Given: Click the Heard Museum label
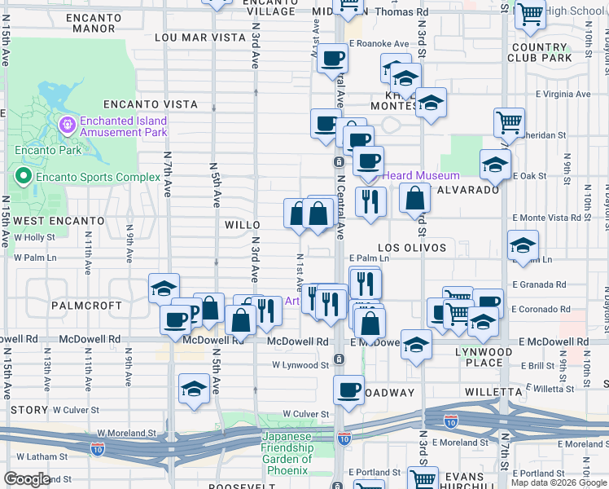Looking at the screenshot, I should (x=420, y=175).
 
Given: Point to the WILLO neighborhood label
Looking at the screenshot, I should (x=242, y=224).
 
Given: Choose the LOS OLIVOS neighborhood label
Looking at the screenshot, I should (x=413, y=247).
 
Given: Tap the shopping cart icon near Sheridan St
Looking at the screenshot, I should (x=509, y=122).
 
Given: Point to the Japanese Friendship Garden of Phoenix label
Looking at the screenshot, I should (x=287, y=453).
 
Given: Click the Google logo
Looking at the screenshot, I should (x=27, y=479).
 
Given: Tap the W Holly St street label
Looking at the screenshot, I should (x=33, y=237).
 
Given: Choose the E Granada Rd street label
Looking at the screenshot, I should (x=539, y=284).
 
